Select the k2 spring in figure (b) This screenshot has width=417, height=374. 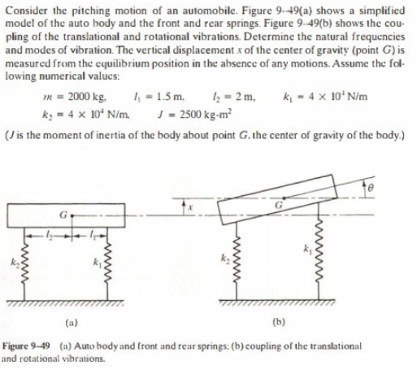(236, 264)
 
